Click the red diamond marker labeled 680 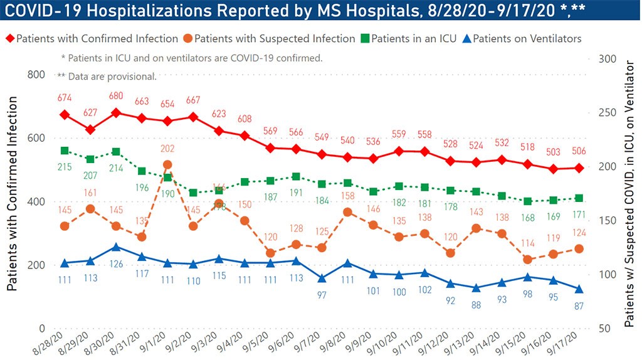[116, 113]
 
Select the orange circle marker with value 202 [167, 165]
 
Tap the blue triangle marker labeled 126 [116, 247]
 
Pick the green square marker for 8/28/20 [64, 151]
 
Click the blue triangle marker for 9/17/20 [579, 289]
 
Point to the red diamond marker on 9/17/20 [579, 168]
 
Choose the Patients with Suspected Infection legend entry [270, 39]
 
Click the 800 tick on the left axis [36, 75]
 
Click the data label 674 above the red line [64, 98]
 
